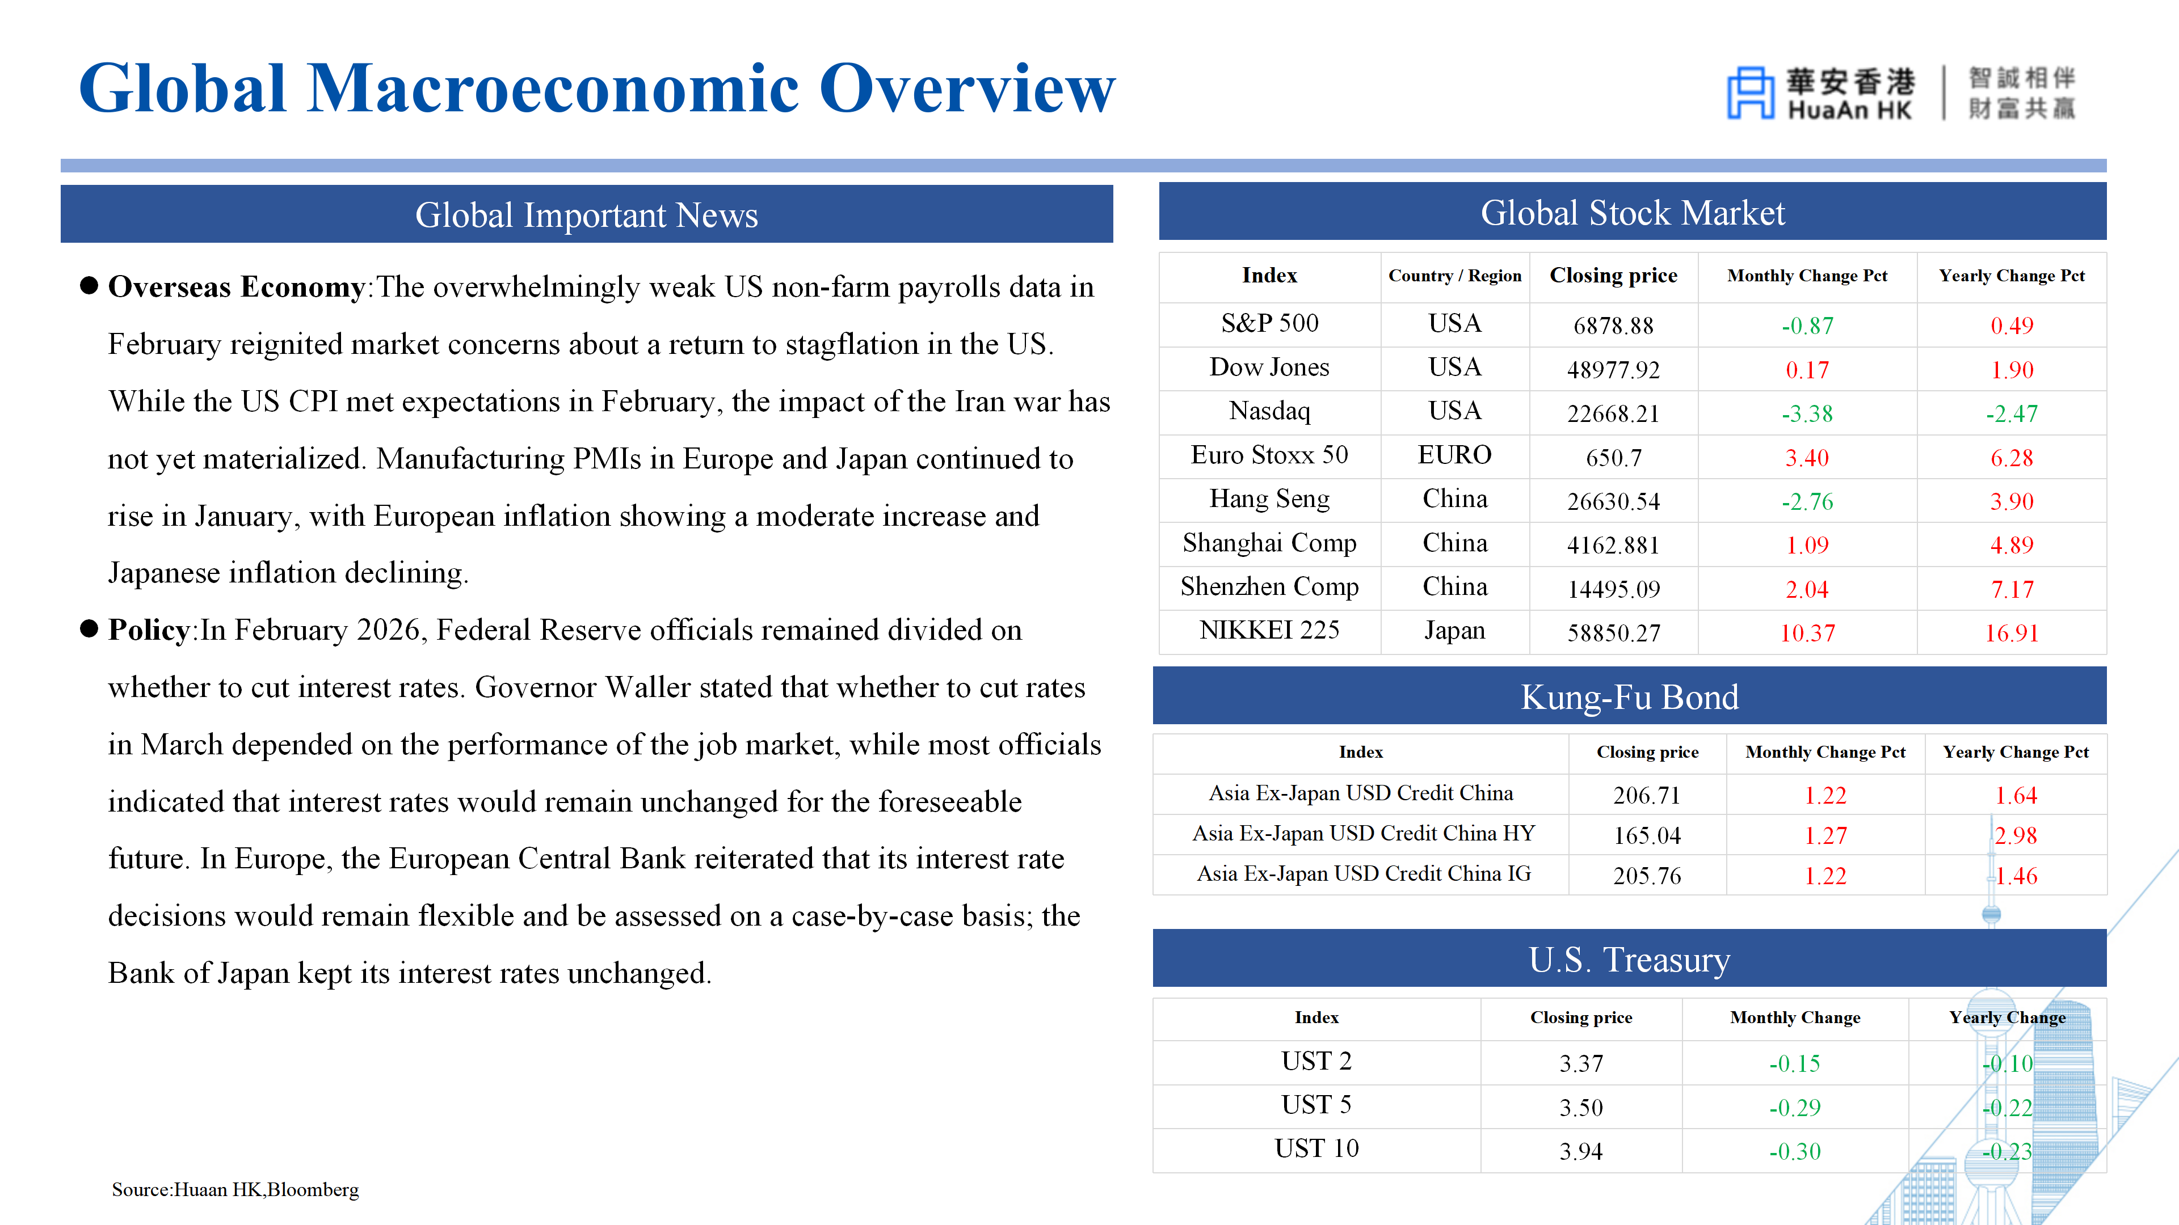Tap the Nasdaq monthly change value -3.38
tap(1807, 413)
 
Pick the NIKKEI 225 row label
tap(1269, 631)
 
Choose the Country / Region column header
tap(1454, 276)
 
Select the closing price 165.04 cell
tap(1646, 835)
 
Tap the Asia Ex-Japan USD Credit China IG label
tap(1362, 874)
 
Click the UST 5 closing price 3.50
tap(1580, 1108)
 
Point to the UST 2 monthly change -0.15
tap(1794, 1063)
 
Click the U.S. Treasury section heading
tap(1629, 960)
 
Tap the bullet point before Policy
tap(89, 629)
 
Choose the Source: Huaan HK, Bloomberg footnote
tap(235, 1189)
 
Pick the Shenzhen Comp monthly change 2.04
tap(1807, 589)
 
